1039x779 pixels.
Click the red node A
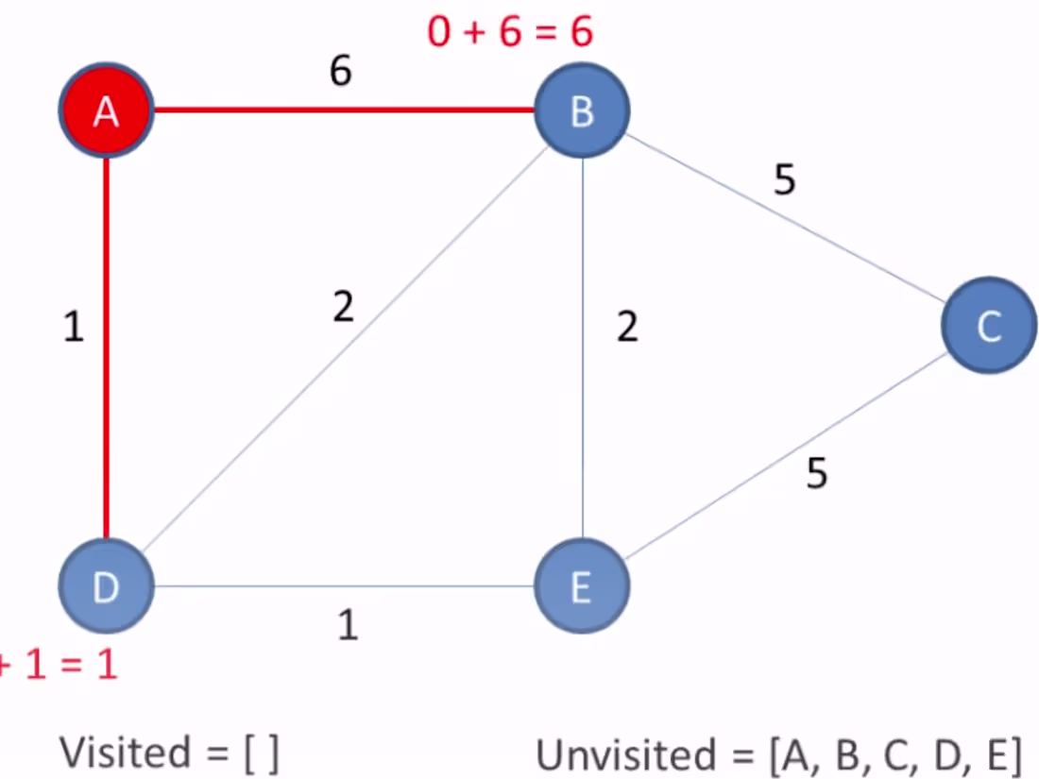pyautogui.click(x=106, y=111)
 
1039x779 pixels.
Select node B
pyautogui.click(x=582, y=111)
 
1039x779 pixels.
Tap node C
pyautogui.click(x=989, y=326)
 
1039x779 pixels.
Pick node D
pyautogui.click(x=106, y=586)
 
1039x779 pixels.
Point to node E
pyautogui.click(x=581, y=586)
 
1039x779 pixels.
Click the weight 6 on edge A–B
pyautogui.click(x=341, y=72)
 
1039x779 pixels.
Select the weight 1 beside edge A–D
pyautogui.click(x=74, y=329)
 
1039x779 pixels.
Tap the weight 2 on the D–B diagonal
pyautogui.click(x=343, y=306)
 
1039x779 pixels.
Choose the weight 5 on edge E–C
pyautogui.click(x=817, y=473)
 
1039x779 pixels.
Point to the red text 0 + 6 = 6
pyautogui.click(x=510, y=32)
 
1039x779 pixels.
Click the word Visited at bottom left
pyautogui.click(x=125, y=753)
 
